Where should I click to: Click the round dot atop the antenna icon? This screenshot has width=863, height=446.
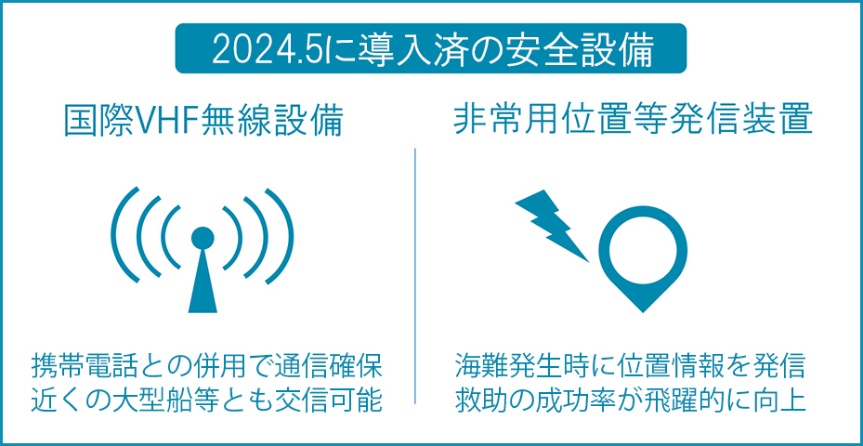pos(202,238)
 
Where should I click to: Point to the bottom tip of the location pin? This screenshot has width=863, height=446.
pos(642,312)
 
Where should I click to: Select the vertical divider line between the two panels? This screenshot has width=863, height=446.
pos(414,276)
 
